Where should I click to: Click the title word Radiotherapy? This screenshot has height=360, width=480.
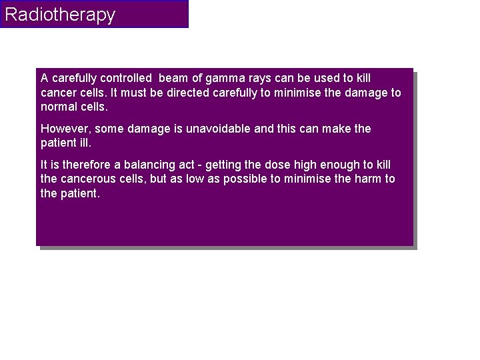click(x=60, y=15)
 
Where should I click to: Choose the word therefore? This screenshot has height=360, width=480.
click(x=88, y=163)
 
